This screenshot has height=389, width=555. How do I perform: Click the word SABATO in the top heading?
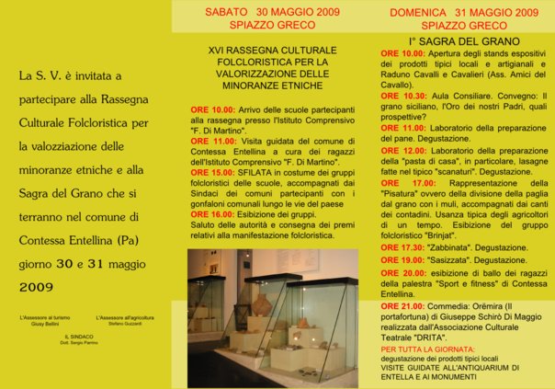224,12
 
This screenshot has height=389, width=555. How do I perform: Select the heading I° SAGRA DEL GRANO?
457,42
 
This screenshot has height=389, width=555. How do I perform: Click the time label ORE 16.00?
212,212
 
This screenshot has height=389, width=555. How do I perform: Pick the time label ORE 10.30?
403,96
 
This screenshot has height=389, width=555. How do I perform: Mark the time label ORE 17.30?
403,247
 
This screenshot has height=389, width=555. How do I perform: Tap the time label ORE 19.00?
403,260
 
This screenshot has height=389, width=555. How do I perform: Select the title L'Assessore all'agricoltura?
128,316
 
